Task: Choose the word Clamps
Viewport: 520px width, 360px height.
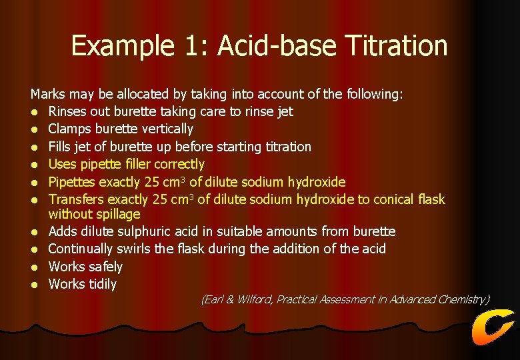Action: (70, 129)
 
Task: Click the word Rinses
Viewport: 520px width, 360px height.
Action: (69, 111)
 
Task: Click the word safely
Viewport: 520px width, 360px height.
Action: (104, 267)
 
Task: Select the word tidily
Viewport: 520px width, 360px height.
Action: (101, 285)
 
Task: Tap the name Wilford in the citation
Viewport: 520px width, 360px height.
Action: (255, 300)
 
